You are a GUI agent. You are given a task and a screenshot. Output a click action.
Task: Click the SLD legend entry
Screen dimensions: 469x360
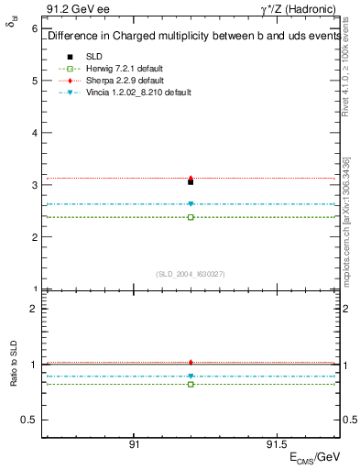click(x=94, y=56)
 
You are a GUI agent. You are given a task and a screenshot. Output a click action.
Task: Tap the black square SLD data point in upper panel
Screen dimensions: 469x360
click(x=191, y=182)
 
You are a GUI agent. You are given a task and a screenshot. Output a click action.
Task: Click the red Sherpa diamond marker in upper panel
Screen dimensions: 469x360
click(x=191, y=178)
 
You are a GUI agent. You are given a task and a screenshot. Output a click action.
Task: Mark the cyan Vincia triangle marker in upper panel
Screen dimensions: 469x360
click(x=191, y=204)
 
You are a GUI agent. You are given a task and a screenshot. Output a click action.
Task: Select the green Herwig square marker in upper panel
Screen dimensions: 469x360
click(x=191, y=217)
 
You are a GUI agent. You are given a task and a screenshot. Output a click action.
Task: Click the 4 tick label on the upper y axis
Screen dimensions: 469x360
click(x=34, y=133)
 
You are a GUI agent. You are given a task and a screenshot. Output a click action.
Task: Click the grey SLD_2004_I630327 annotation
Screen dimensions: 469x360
click(x=191, y=274)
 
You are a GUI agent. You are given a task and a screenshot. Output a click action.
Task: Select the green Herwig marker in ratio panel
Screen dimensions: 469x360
click(x=191, y=384)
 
